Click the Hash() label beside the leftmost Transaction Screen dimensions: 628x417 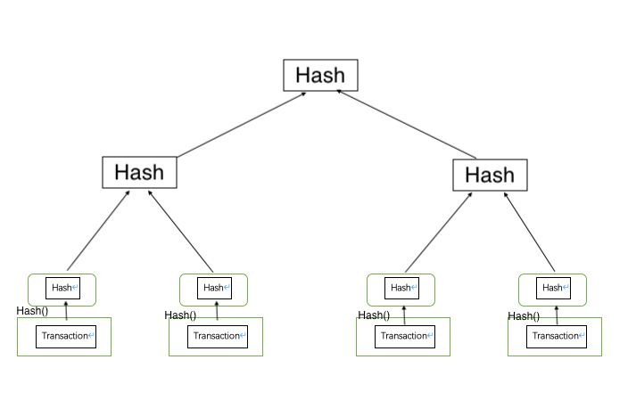(x=32, y=311)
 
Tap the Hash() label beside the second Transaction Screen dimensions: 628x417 (x=180, y=315)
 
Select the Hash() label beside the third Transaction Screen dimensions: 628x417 (x=374, y=315)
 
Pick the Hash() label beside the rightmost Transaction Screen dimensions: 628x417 (x=524, y=316)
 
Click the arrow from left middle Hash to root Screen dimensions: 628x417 (x=242, y=125)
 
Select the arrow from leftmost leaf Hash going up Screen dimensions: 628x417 (x=98, y=231)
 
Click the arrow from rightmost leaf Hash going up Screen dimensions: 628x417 (x=529, y=232)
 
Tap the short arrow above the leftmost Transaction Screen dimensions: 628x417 (x=66, y=311)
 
